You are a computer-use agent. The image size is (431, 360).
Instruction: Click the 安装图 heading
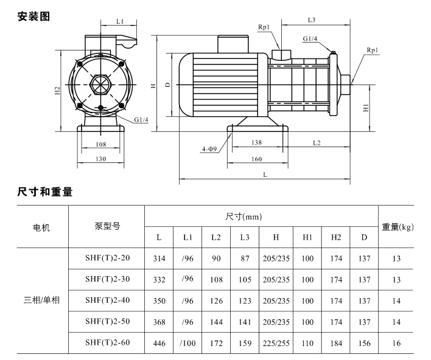(33, 16)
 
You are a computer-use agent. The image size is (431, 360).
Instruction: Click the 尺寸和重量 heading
(45, 192)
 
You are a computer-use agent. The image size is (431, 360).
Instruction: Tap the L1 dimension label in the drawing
(120, 21)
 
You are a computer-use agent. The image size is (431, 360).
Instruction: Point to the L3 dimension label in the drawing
(312, 20)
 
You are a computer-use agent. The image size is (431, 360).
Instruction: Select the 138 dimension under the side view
(256, 142)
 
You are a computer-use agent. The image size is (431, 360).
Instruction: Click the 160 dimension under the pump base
(256, 159)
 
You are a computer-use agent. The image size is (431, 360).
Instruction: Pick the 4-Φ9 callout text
(209, 149)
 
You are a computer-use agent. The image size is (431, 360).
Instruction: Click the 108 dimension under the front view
(101, 144)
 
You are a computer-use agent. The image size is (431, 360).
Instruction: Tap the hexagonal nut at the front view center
(100, 85)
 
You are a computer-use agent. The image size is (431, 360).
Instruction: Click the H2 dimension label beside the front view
(57, 91)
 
